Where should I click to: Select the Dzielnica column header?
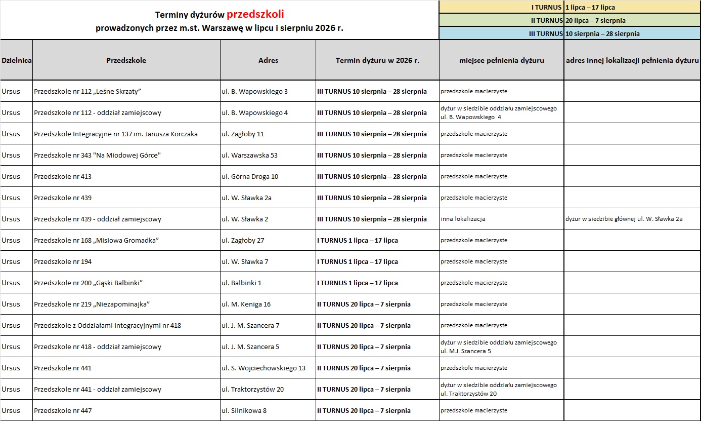pyautogui.click(x=16, y=60)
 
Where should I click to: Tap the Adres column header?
pyautogui.click(x=268, y=60)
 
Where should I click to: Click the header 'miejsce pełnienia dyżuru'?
pyautogui.click(x=501, y=60)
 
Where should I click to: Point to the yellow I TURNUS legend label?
pyautogui.click(x=546, y=7)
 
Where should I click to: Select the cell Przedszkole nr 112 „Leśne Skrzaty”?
pyautogui.click(x=87, y=92)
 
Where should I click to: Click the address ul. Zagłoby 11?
pyautogui.click(x=243, y=134)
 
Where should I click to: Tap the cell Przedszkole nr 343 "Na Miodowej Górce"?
pyautogui.click(x=97, y=156)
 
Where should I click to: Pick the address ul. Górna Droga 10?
pyautogui.click(x=250, y=177)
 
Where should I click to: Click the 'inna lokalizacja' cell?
pyautogui.click(x=463, y=219)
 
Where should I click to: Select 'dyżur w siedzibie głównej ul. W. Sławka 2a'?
pyautogui.click(x=624, y=219)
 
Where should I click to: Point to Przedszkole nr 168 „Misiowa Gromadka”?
pyautogui.click(x=97, y=241)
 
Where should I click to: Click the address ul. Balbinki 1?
pyautogui.click(x=242, y=283)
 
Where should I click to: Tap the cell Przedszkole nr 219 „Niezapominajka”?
pyautogui.click(x=92, y=304)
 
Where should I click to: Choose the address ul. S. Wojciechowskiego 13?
pyautogui.click(x=264, y=368)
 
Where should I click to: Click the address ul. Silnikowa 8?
pyautogui.click(x=244, y=411)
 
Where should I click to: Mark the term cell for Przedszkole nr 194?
pyautogui.click(x=358, y=262)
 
